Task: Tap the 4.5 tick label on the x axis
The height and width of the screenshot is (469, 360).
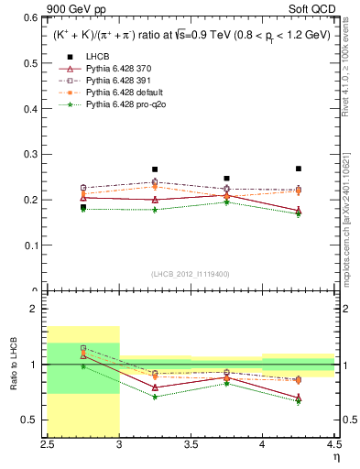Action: (x=334, y=444)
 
